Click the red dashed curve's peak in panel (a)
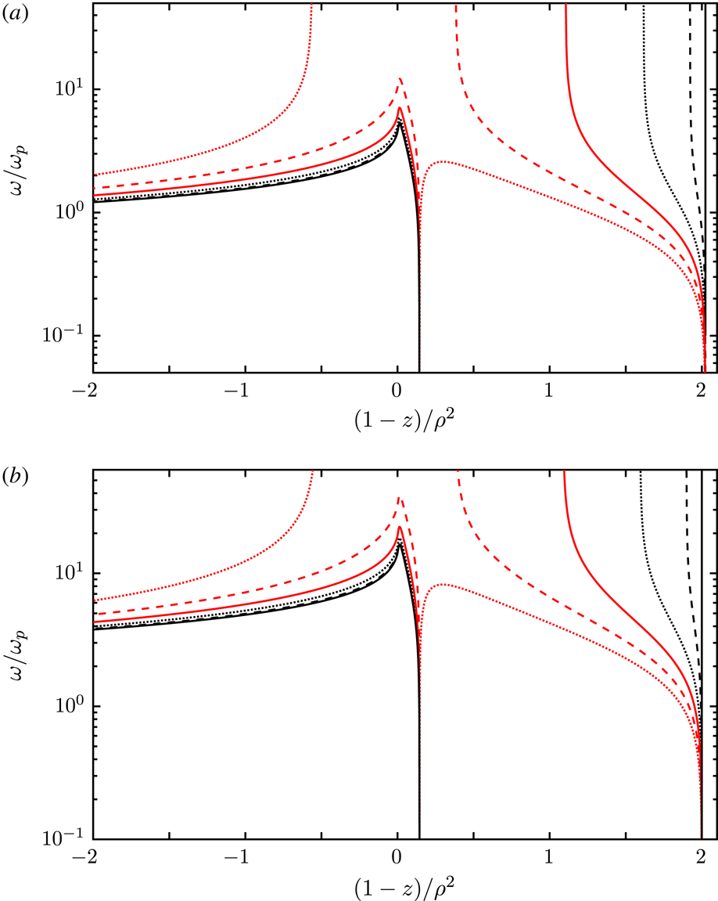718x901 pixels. point(400,79)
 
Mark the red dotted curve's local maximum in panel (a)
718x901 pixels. point(442,162)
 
